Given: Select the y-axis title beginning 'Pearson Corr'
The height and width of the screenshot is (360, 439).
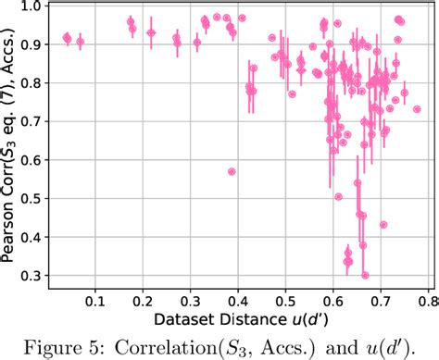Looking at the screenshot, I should [12, 143].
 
